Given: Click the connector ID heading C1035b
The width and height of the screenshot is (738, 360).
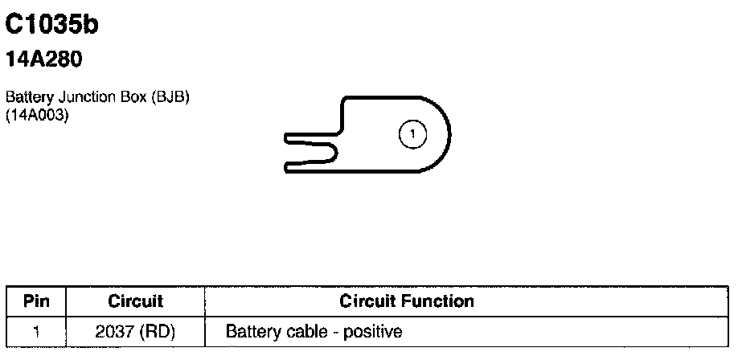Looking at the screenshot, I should click(x=51, y=26).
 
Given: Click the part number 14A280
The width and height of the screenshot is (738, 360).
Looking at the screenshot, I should click(x=44, y=59).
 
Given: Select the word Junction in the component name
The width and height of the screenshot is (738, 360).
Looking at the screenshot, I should click(x=75, y=97).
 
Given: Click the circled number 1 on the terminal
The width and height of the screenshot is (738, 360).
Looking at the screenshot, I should click(x=412, y=134).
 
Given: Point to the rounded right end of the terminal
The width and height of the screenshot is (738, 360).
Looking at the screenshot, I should click(x=447, y=134).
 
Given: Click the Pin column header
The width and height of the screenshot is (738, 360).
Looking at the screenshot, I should click(x=37, y=302).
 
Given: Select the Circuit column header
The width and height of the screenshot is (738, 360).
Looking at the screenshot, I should click(x=135, y=302).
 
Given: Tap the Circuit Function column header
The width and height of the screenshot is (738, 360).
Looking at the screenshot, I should click(x=407, y=302).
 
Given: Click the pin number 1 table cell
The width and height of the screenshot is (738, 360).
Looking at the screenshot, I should click(x=37, y=331).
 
